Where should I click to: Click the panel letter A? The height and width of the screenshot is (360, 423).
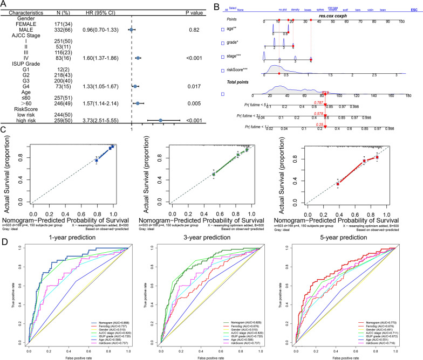[x=4, y=4]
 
